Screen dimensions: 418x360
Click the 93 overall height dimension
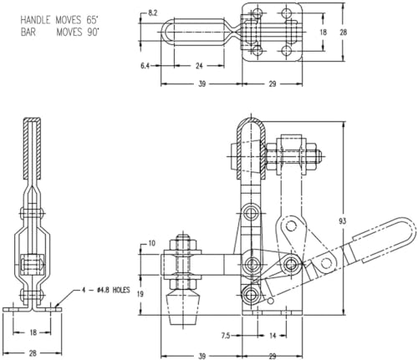(343, 221)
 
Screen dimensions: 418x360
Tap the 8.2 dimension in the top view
(152, 13)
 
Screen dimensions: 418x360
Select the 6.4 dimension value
(145, 66)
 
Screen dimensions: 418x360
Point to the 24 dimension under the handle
(199, 66)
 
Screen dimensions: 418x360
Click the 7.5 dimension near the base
(226, 336)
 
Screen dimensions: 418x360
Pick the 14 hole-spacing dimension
(273, 336)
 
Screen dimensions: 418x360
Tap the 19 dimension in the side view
(140, 294)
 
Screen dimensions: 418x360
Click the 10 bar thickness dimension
(151, 244)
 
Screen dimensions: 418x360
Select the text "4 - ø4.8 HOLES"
(106, 290)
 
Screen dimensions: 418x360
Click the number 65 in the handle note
(89, 20)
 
